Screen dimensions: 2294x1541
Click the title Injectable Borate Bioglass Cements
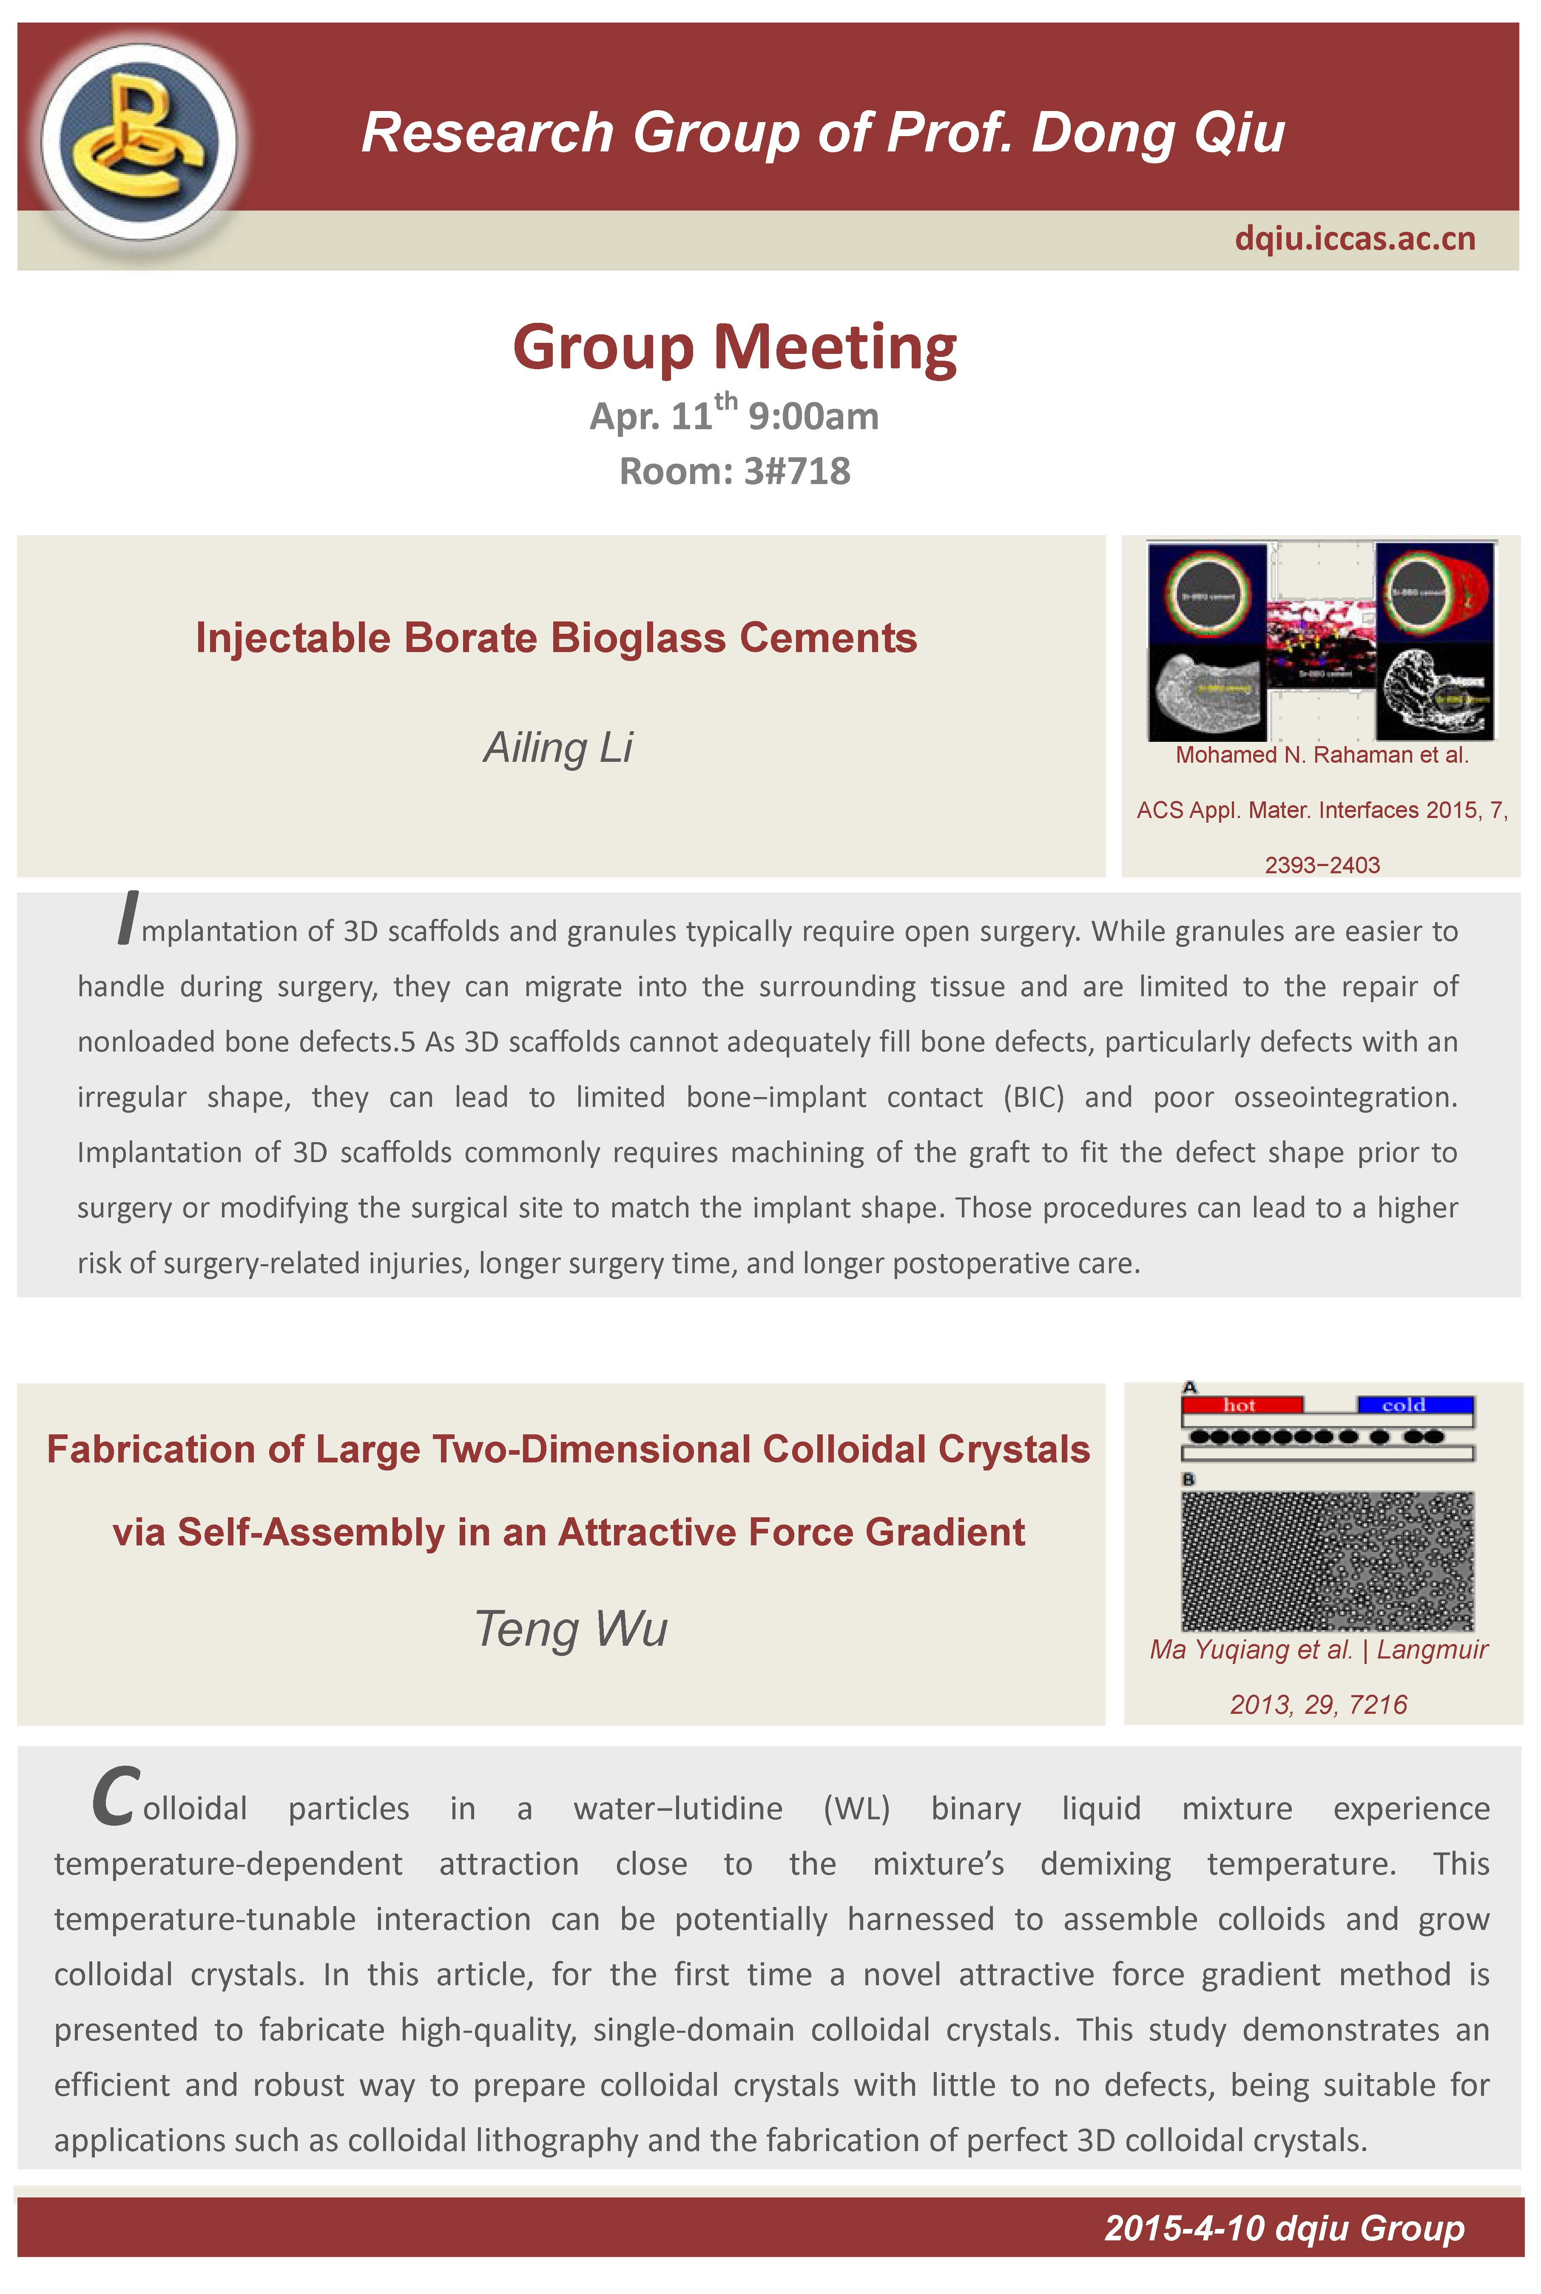tap(556, 638)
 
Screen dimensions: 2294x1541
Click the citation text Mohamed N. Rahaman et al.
tap(1322, 755)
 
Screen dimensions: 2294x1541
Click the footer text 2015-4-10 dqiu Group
tap(1283, 2228)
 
